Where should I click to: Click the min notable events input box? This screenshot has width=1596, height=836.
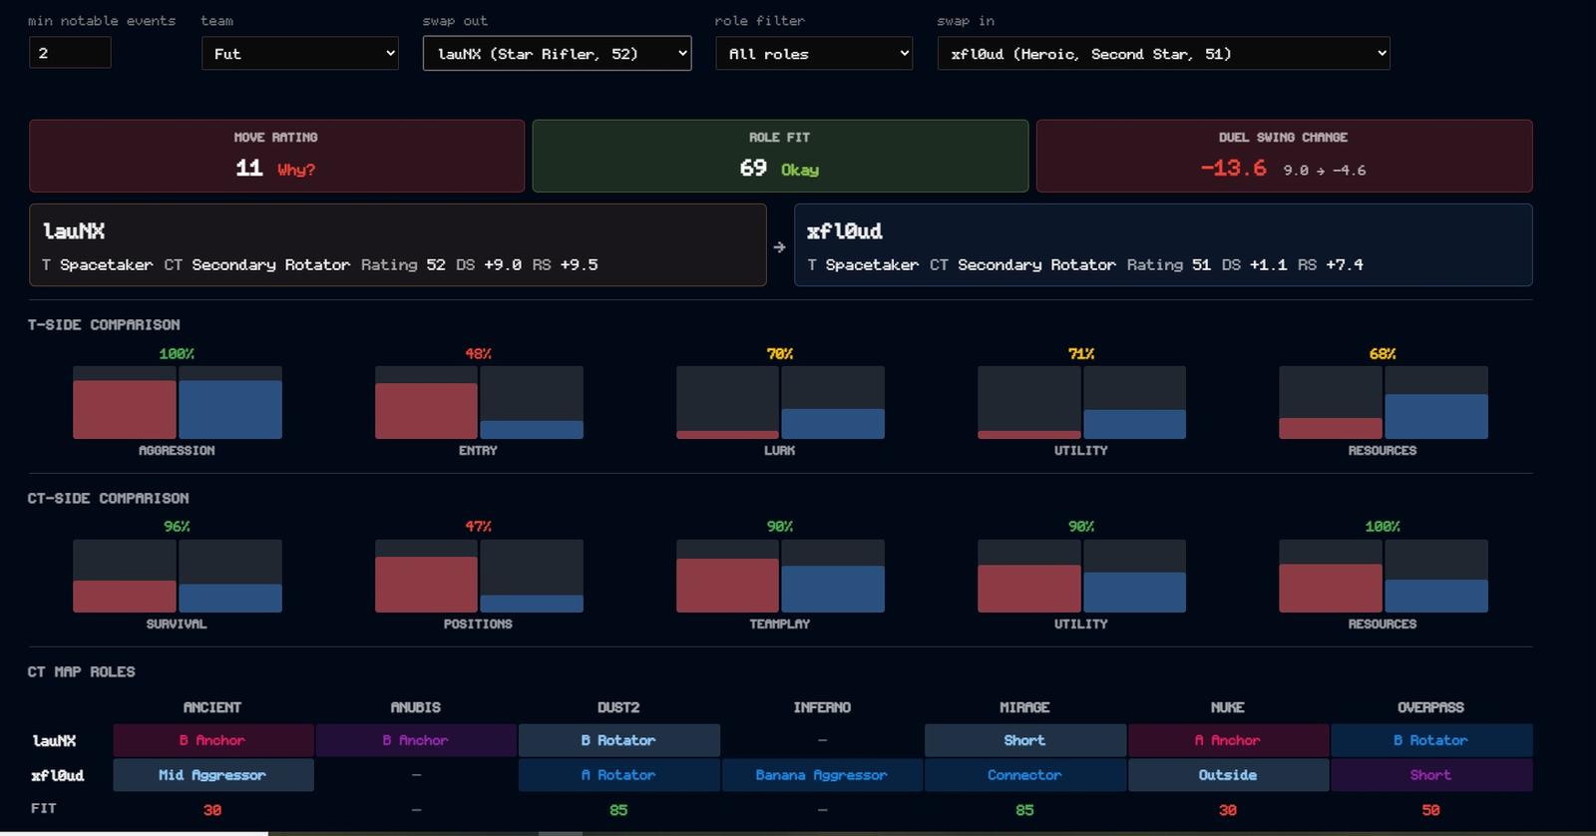point(70,53)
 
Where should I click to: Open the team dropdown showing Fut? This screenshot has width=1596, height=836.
point(300,54)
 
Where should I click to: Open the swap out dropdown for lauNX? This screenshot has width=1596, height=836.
point(558,54)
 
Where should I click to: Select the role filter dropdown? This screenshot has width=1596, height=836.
point(814,54)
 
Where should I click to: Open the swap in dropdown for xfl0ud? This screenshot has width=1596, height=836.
point(1163,54)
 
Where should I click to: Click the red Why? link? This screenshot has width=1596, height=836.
point(296,170)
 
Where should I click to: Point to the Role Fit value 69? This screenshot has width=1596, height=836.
point(753,169)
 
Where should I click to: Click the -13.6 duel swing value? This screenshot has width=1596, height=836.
point(1233,169)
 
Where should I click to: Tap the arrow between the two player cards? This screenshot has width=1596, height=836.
point(779,246)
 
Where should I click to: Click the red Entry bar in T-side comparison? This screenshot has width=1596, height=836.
point(426,411)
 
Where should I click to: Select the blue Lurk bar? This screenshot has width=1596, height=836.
point(833,423)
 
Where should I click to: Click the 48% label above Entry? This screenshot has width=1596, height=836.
point(478,353)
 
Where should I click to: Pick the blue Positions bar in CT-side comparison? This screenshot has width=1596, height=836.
point(532,604)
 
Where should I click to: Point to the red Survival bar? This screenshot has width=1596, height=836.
point(125,597)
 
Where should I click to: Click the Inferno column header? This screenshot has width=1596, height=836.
point(822,707)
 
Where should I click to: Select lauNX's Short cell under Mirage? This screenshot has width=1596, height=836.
point(1024,740)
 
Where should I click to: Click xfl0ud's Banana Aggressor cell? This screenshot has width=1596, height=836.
point(822,775)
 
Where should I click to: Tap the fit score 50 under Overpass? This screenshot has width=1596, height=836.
point(1430,810)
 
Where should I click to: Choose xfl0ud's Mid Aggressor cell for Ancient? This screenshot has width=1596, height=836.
point(213,775)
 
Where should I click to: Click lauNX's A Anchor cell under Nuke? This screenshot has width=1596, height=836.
point(1228,740)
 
